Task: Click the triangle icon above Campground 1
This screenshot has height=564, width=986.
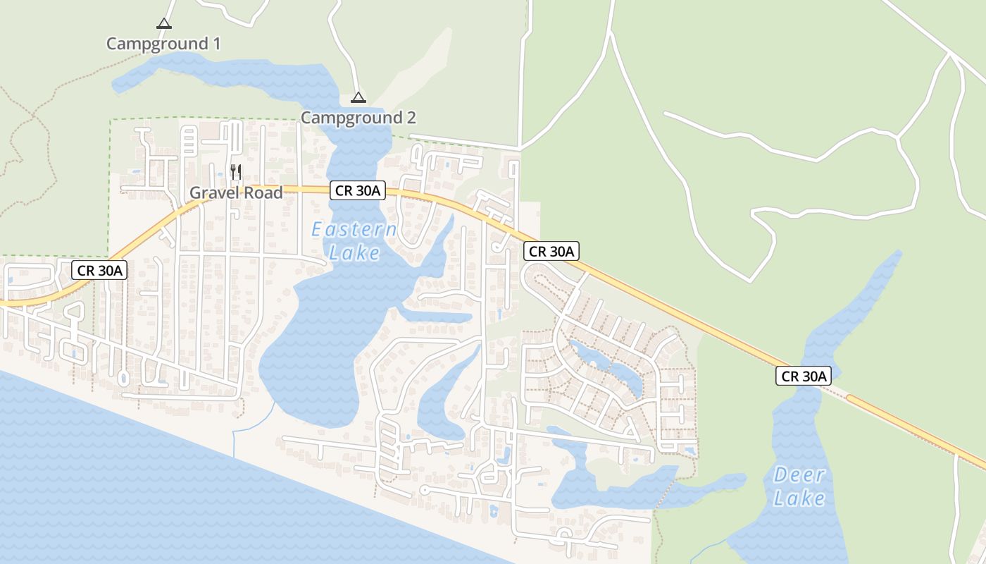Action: coord(164,23)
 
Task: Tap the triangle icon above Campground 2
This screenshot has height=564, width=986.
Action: coord(358,97)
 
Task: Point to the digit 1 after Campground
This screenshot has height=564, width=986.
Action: coord(216,44)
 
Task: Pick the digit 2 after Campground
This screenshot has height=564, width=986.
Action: coord(411,118)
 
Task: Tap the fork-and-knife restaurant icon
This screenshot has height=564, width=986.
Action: coord(236,171)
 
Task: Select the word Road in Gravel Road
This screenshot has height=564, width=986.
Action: coord(263,192)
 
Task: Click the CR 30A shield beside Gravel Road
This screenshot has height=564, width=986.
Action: coord(358,190)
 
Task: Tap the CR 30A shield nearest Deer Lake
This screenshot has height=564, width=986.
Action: coord(803,376)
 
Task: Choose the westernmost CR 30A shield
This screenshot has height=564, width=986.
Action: coord(99,269)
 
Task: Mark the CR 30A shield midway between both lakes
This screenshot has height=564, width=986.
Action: coord(551,251)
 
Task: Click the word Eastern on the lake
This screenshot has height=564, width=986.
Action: coord(354,230)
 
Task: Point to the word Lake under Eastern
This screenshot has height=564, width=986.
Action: coord(354,253)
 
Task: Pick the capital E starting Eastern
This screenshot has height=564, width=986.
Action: coord(318,230)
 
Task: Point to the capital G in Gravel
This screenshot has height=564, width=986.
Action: coord(196,192)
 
